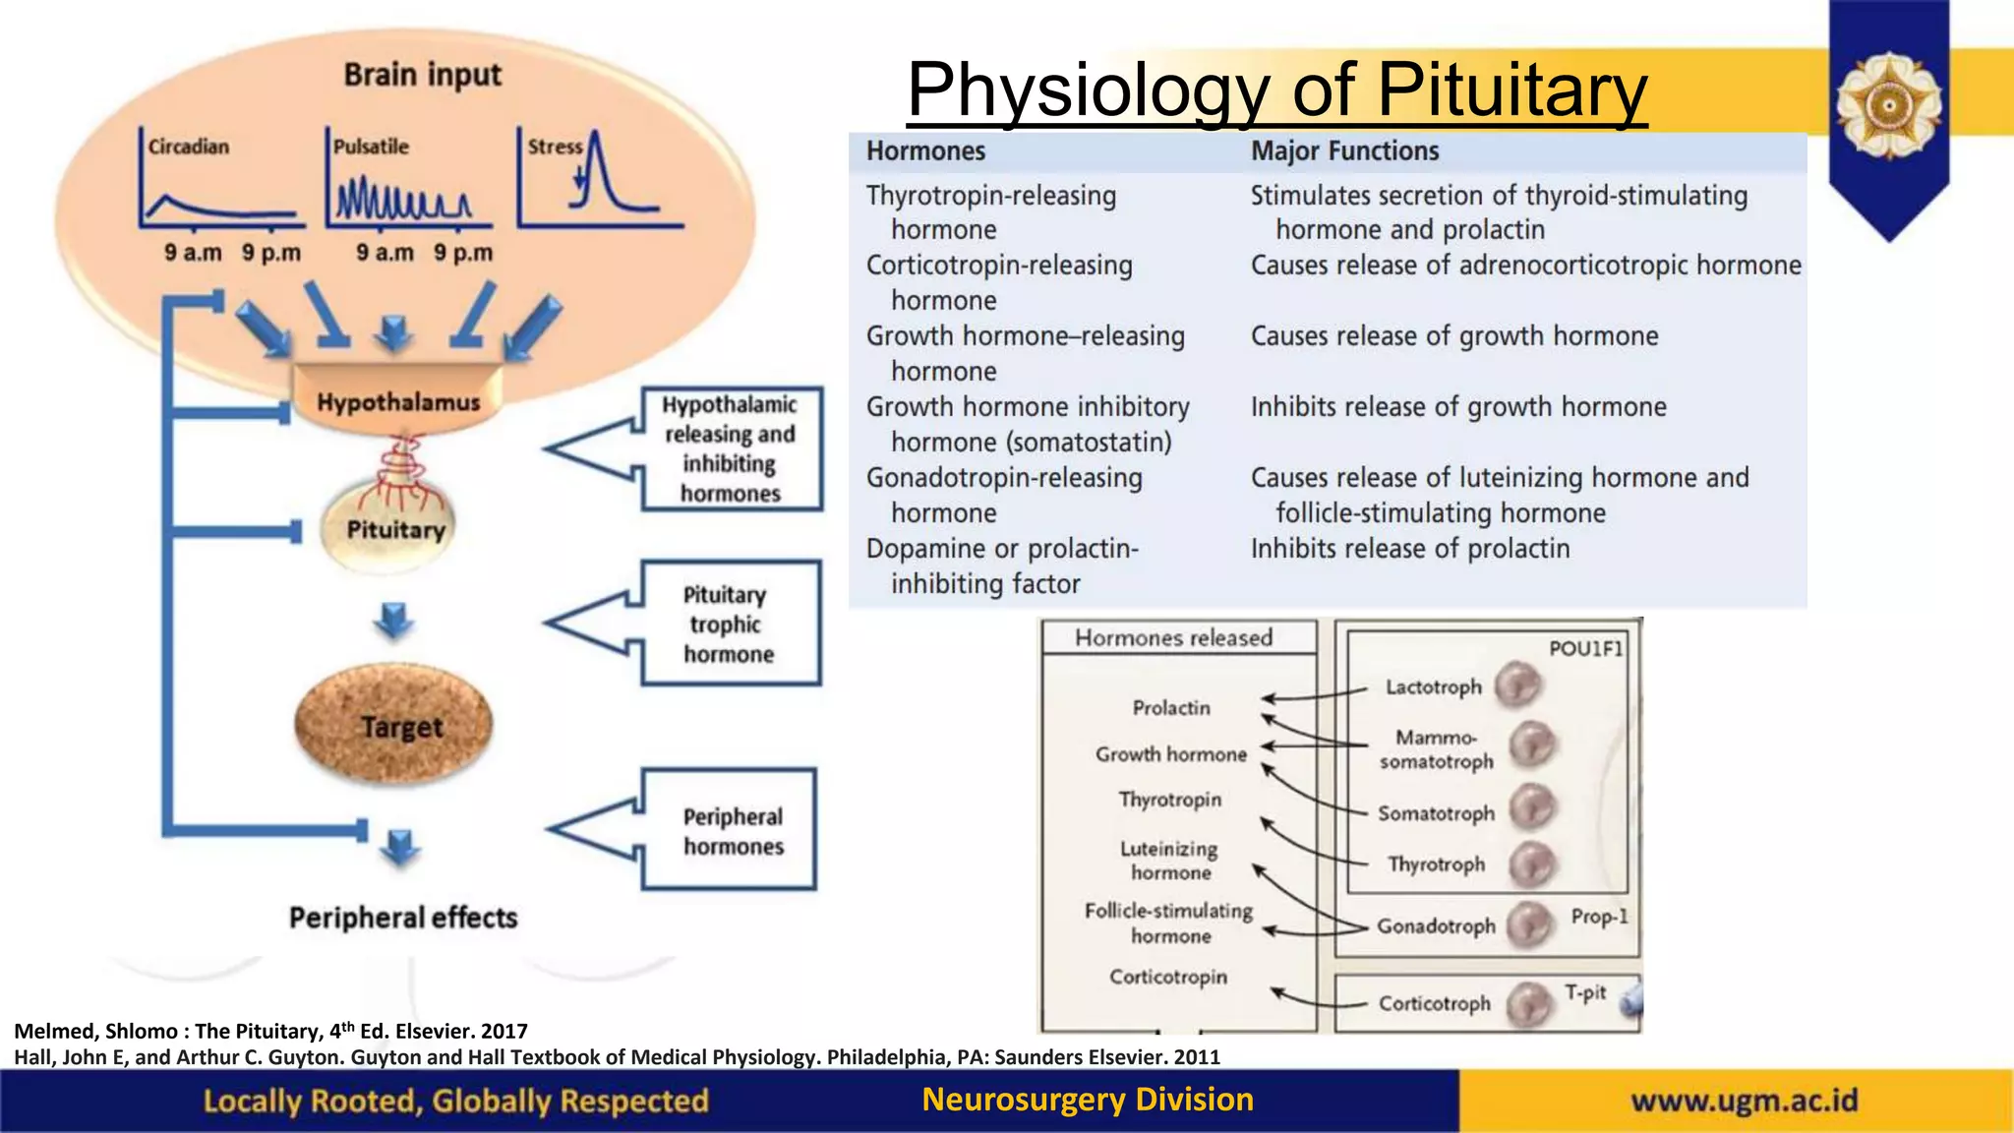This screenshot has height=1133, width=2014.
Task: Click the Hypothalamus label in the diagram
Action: tap(398, 402)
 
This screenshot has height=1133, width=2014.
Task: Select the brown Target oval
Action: tap(394, 726)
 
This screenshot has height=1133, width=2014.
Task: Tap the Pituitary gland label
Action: tap(395, 530)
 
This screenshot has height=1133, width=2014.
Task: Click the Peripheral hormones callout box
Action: tap(732, 831)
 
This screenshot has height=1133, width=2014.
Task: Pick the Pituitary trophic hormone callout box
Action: tap(730, 624)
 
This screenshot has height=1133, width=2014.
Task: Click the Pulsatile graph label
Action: tap(371, 147)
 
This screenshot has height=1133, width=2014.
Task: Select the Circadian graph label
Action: tap(189, 147)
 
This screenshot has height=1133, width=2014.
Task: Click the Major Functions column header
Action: tap(1344, 151)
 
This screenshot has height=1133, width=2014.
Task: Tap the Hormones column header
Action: tap(925, 151)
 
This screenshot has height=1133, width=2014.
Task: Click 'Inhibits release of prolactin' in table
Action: tap(1409, 549)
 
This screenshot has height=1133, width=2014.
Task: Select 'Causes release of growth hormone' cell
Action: tap(1453, 336)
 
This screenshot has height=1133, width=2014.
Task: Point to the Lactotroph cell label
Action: tap(1433, 687)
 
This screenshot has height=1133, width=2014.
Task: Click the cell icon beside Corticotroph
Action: tap(1528, 1003)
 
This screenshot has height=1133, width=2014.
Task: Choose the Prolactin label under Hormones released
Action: tap(1171, 708)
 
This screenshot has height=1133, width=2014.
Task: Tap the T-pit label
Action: tap(1585, 992)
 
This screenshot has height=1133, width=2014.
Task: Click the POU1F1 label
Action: tap(1585, 648)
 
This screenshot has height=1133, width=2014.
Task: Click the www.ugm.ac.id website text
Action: tap(1745, 1101)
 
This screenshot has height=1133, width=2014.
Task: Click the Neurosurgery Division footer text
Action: tap(1088, 1100)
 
